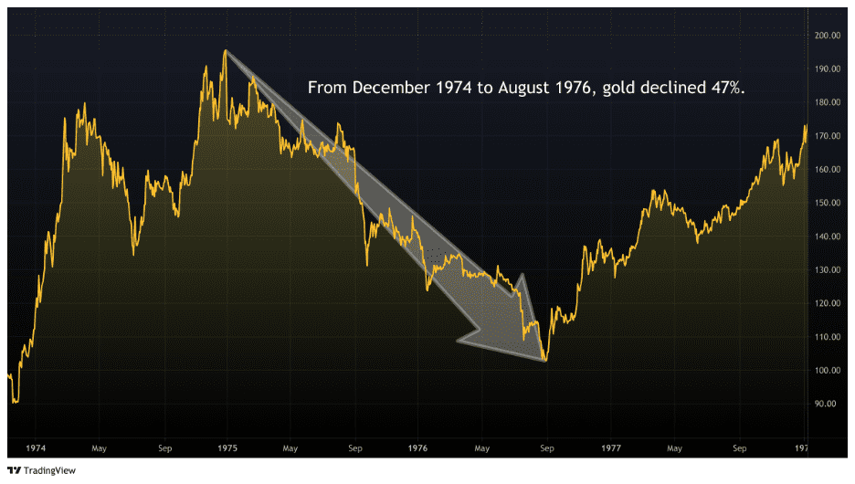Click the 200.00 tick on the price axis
828,36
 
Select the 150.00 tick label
828,203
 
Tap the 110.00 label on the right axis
828,337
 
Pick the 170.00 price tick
828,136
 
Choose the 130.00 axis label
828,270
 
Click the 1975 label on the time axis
228,448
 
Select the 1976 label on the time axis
417,448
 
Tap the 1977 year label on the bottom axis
611,448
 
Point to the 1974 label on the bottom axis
37,448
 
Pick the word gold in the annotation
620,89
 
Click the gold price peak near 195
225,50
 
